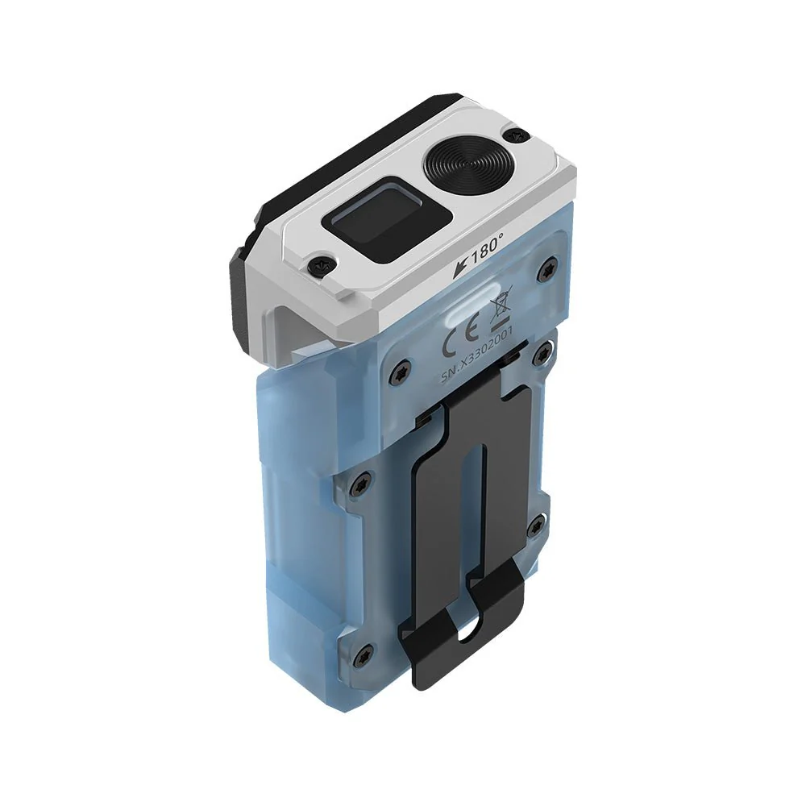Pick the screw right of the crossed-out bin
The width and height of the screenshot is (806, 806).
coord(550,270)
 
